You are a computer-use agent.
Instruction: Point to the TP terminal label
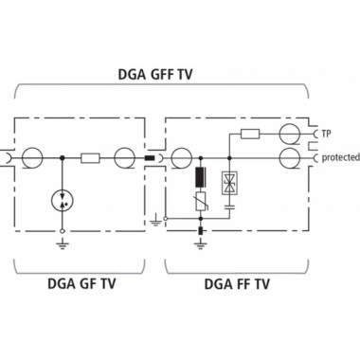pos(326,134)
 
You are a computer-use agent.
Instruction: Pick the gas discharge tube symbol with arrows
pos(62,200)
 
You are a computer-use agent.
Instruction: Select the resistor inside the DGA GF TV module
pos(91,157)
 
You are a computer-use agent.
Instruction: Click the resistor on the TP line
pos(249,134)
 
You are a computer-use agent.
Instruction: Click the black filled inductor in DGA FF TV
pos(201,178)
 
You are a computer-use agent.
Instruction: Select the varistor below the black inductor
pos(201,202)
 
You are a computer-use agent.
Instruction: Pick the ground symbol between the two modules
pos(156,223)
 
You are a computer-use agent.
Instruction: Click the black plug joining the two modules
pos(151,157)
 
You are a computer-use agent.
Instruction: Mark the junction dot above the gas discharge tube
pos(62,157)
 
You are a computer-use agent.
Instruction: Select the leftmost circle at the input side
pos(31,157)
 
